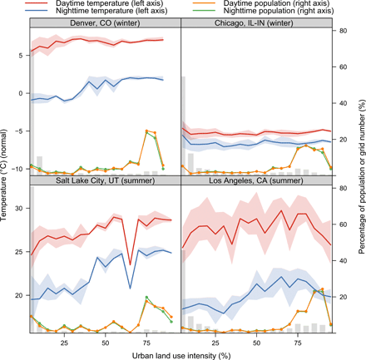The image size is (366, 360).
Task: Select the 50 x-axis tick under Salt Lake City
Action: (106, 341)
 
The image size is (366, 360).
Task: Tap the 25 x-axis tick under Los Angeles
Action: (215, 341)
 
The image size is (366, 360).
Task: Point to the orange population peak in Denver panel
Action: (147, 131)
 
